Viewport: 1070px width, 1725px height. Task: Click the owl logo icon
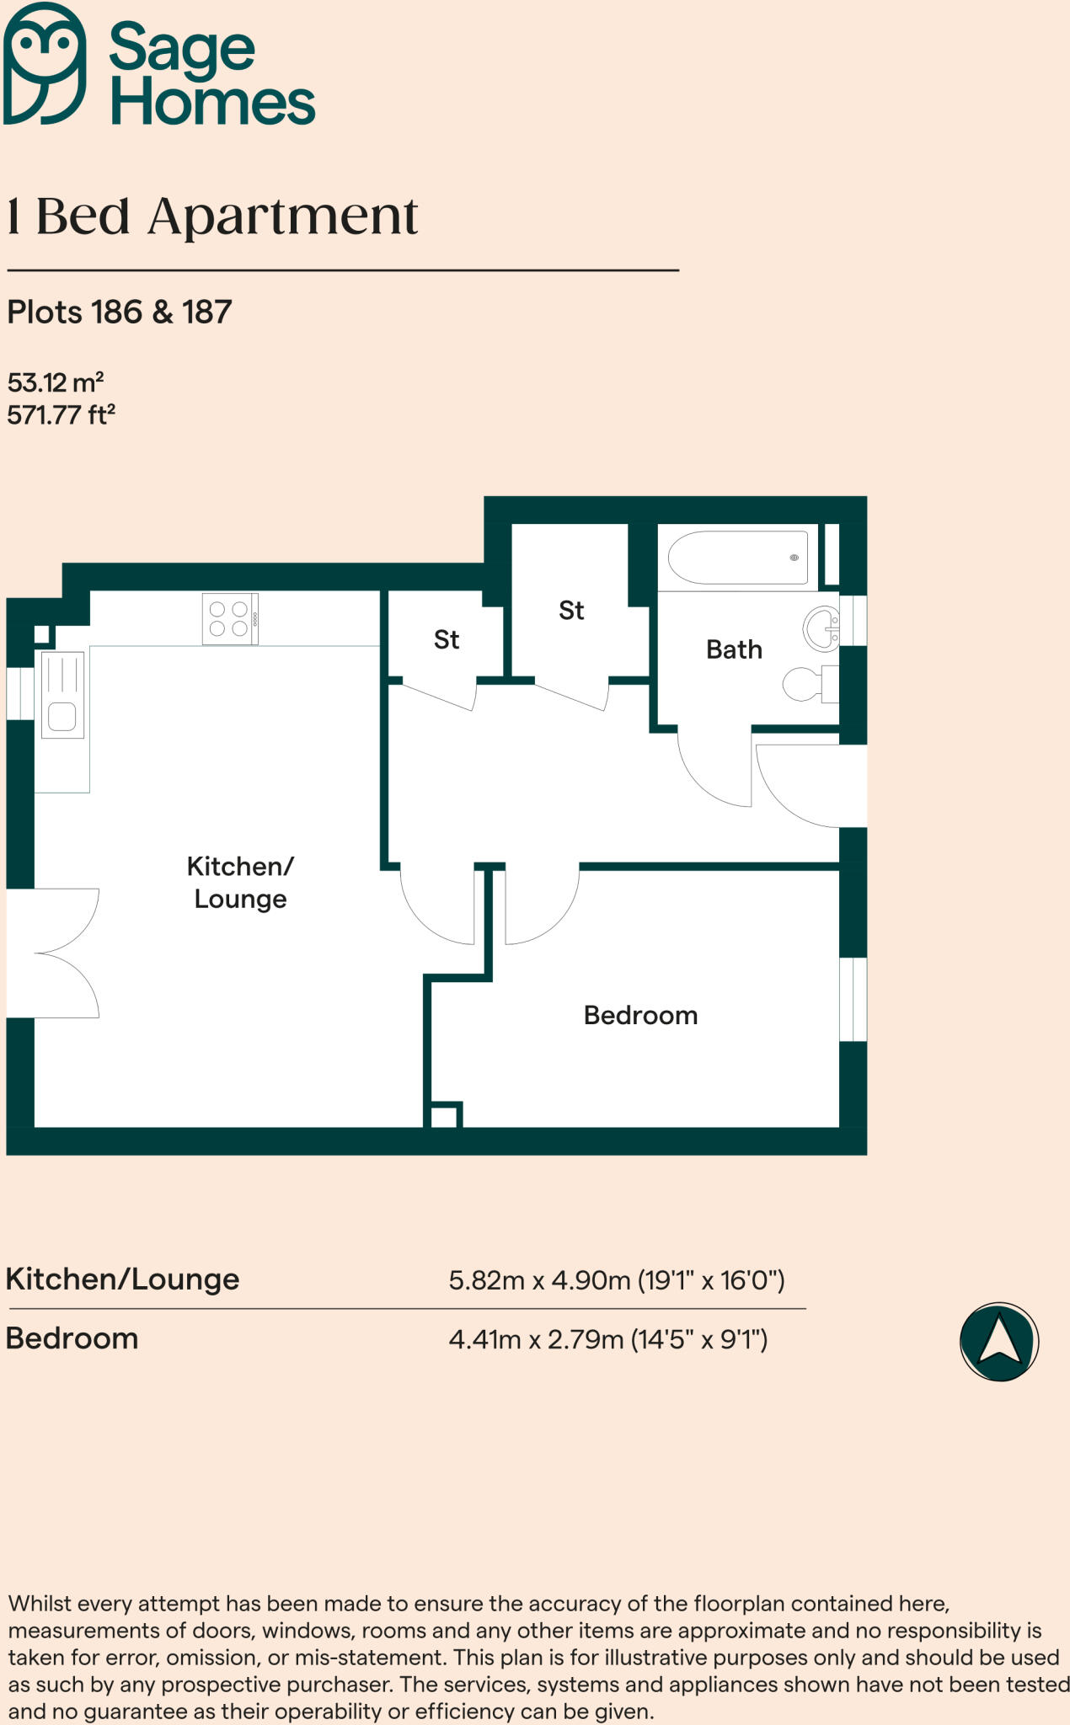click(45, 63)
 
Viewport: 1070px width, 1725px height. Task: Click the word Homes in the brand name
click(212, 104)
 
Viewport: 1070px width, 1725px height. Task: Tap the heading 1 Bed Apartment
click(212, 217)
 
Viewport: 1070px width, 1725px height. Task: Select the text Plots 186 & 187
click(120, 312)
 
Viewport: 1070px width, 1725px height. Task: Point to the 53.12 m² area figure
click(56, 383)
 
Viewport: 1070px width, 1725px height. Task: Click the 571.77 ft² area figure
click(61, 415)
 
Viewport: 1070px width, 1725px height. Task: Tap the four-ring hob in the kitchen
click(230, 619)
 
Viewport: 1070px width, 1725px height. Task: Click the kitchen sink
click(62, 696)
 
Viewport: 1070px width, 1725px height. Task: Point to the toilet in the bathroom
click(805, 684)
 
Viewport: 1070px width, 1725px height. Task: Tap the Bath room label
click(734, 649)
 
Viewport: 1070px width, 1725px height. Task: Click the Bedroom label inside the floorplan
click(640, 1015)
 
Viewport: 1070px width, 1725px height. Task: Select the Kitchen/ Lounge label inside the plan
click(240, 882)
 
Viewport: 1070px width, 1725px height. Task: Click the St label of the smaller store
click(447, 640)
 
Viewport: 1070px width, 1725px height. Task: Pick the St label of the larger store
click(571, 611)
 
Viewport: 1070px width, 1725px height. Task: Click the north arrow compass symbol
click(999, 1341)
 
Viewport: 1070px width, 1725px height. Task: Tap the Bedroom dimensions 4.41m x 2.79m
click(607, 1339)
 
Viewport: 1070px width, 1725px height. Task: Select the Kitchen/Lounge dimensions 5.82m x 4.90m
click(616, 1280)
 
